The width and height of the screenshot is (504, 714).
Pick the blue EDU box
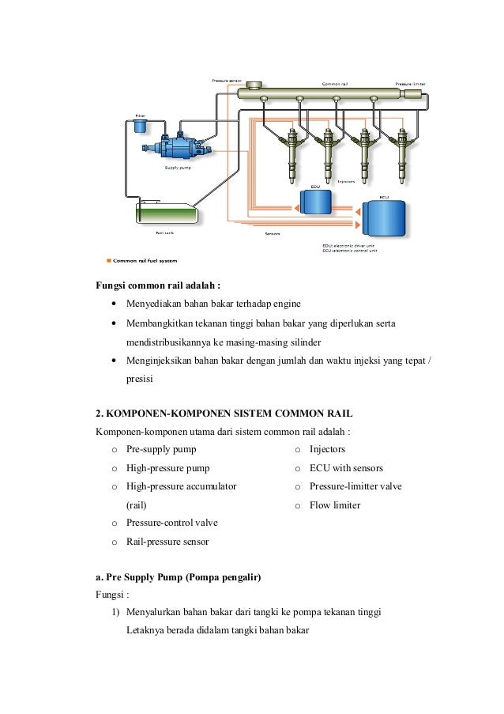pyautogui.click(x=317, y=203)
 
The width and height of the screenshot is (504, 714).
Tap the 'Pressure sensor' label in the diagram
pyautogui.click(x=227, y=80)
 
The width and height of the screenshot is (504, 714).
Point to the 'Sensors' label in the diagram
pyautogui.click(x=273, y=233)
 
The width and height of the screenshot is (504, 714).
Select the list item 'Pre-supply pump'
pyautogui.click(x=161, y=449)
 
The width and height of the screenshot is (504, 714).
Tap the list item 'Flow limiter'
pyautogui.click(x=335, y=504)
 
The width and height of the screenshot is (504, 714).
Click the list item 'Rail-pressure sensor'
pyautogui.click(x=167, y=541)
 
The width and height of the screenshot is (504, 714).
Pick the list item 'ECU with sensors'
pyautogui.click(x=346, y=467)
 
